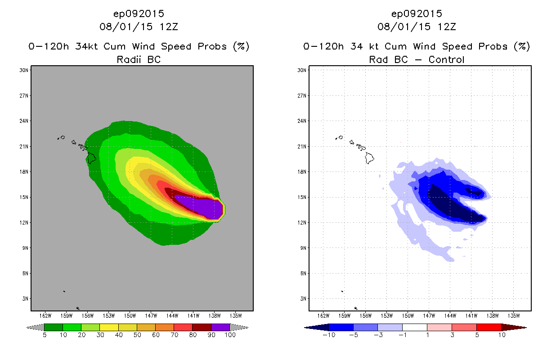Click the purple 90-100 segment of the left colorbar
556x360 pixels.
pyautogui.click(x=220, y=327)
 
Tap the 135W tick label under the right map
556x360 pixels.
pyautogui.click(x=513, y=315)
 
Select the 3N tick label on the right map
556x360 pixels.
pyautogui.click(x=302, y=298)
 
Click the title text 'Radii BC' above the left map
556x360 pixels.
pyautogui.click(x=139, y=59)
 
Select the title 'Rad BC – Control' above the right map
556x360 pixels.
pyautogui.click(x=417, y=59)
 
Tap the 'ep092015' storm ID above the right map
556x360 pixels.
pyautogui.click(x=417, y=13)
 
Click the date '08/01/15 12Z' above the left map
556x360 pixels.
pyautogui.click(x=139, y=27)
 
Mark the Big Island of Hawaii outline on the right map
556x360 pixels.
pyautogui.click(x=370, y=157)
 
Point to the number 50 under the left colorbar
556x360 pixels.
pyautogui.click(x=137, y=335)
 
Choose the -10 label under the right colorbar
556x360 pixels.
pyautogui.click(x=329, y=335)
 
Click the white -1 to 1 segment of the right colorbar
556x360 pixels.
pyautogui.click(x=414, y=327)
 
